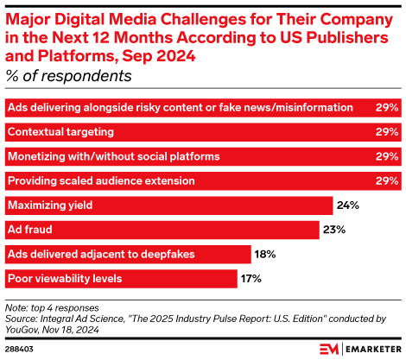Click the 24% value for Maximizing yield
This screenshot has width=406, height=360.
coord(346,205)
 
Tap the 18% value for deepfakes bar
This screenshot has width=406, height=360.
coord(264,254)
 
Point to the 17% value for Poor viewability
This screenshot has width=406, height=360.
coord(251,278)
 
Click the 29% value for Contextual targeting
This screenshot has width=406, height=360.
coord(387,132)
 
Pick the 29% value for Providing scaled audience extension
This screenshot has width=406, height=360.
coord(387,181)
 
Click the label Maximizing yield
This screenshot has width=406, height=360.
coord(49,205)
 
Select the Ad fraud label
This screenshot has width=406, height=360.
coord(30,230)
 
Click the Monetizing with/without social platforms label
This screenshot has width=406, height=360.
coord(112,156)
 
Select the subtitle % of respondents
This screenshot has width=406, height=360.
coord(68,76)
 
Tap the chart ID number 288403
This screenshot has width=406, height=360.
coord(19,349)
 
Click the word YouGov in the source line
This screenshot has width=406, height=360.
coord(23,327)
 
